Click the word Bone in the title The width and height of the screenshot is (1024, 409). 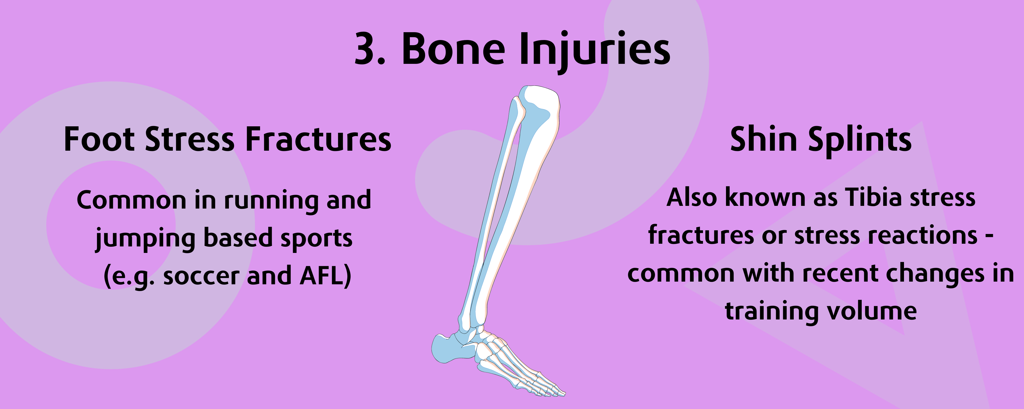click(x=453, y=48)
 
